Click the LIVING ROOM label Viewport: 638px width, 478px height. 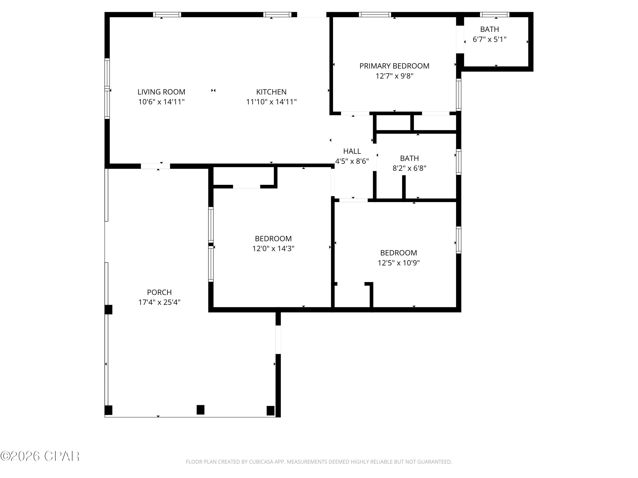[x=161, y=92]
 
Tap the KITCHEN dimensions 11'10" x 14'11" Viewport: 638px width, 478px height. [x=271, y=102]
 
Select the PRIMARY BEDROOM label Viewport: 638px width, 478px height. [x=394, y=66]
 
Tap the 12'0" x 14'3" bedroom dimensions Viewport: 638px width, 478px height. [x=273, y=248]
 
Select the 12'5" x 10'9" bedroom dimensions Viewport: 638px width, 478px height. [x=398, y=263]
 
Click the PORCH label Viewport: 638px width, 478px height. [x=159, y=292]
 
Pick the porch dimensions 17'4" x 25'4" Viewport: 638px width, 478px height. [x=159, y=302]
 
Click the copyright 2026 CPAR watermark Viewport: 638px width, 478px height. [x=40, y=456]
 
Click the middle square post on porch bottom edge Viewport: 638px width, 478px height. [x=201, y=409]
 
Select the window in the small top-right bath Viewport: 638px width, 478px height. [x=494, y=14]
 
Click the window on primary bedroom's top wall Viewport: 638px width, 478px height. [x=375, y=14]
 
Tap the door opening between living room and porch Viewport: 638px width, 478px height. [x=155, y=166]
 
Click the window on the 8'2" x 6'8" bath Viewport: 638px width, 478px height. [x=458, y=162]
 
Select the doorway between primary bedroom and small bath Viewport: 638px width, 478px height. [x=460, y=40]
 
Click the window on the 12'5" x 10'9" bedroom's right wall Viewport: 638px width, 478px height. [x=458, y=240]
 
